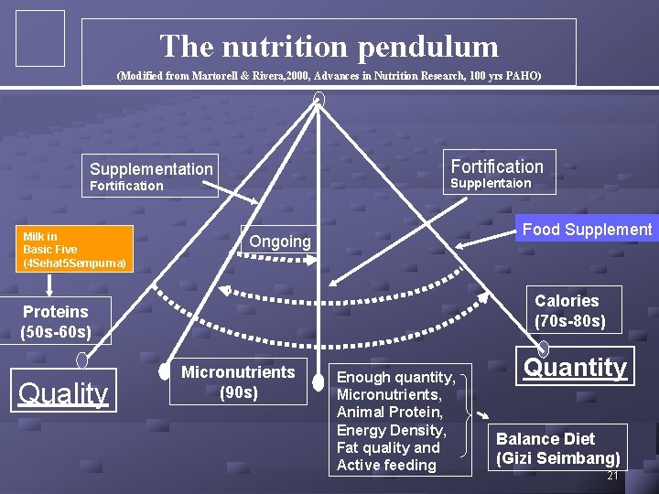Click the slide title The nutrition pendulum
click(329, 46)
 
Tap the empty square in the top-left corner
click(40, 38)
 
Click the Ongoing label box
click(280, 242)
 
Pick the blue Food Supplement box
click(587, 230)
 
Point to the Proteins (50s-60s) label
click(56, 321)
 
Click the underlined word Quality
click(64, 393)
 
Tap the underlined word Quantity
click(575, 368)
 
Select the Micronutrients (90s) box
click(238, 381)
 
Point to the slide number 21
click(612, 477)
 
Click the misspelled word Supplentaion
click(491, 184)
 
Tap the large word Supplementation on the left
click(151, 168)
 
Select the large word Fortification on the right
click(497, 166)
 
